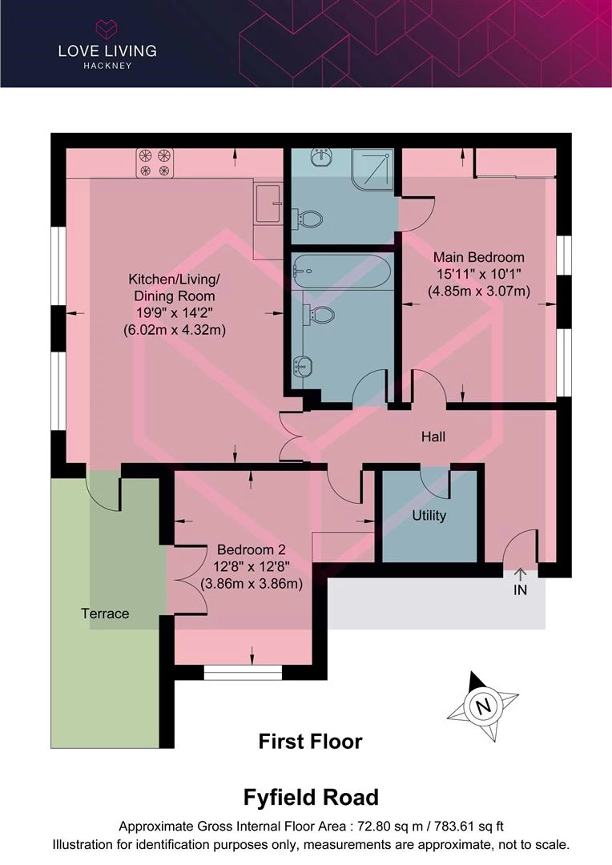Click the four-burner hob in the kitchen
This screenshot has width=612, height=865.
click(155, 163)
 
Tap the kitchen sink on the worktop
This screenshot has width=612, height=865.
click(268, 203)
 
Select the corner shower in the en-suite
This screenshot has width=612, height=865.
click(373, 169)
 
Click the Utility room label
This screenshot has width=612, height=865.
click(429, 516)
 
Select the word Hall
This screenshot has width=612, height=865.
click(433, 437)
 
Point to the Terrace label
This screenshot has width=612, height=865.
click(105, 614)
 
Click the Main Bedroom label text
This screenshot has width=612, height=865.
click(478, 257)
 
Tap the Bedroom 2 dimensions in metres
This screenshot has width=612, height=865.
click(251, 584)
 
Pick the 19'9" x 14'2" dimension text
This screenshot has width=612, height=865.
click(175, 313)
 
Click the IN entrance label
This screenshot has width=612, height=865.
click(521, 590)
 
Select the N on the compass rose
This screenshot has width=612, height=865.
click(483, 706)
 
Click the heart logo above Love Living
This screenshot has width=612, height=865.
click(107, 29)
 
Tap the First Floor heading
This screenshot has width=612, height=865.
click(311, 742)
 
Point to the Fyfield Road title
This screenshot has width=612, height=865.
click(312, 798)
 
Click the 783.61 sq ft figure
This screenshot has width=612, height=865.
click(469, 827)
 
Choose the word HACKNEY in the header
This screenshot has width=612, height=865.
click(107, 66)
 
